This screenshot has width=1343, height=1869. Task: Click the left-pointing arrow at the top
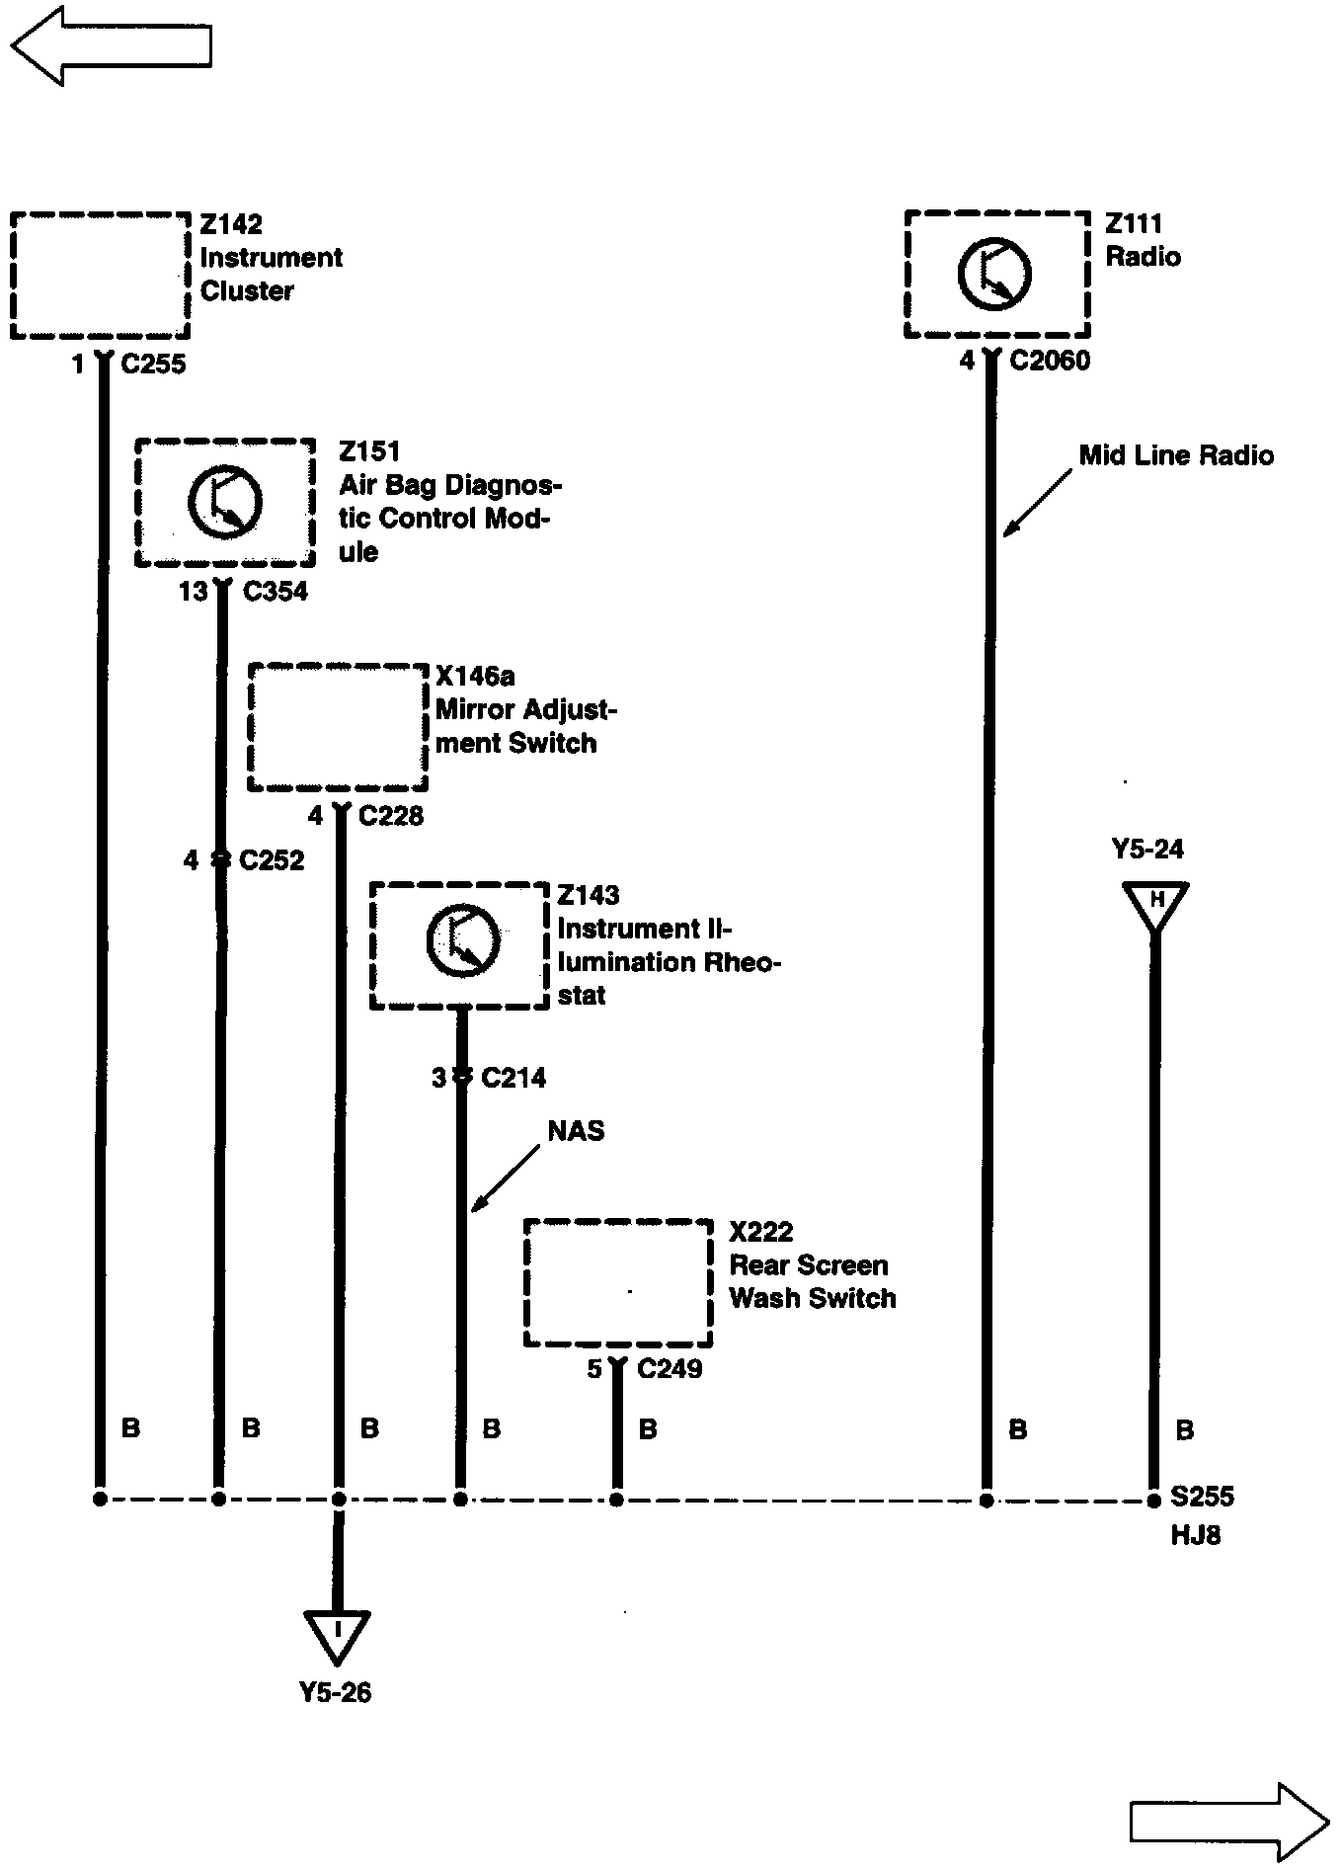tap(111, 45)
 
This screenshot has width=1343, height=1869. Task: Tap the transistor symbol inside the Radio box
tap(994, 274)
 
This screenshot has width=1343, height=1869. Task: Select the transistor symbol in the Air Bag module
tap(225, 501)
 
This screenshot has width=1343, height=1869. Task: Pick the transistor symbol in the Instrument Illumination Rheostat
tap(462, 941)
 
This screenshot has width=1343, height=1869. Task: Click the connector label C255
tap(153, 365)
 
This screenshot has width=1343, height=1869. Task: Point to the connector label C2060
tap(1050, 361)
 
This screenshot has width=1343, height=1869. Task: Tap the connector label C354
tap(275, 592)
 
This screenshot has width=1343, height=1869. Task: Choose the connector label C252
tap(272, 860)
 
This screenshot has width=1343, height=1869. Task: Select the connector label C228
tap(391, 816)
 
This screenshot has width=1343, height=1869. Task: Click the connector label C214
tap(513, 1078)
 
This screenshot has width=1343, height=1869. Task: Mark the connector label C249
tap(670, 1369)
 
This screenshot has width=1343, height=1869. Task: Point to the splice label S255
tap(1202, 1497)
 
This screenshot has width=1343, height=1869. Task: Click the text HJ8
tap(1195, 1536)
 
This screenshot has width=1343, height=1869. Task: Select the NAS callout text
tap(576, 1131)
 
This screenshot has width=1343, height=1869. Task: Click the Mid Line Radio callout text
tap(1176, 455)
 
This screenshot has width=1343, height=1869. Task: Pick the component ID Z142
tap(231, 225)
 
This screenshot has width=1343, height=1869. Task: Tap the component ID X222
tap(760, 1232)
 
